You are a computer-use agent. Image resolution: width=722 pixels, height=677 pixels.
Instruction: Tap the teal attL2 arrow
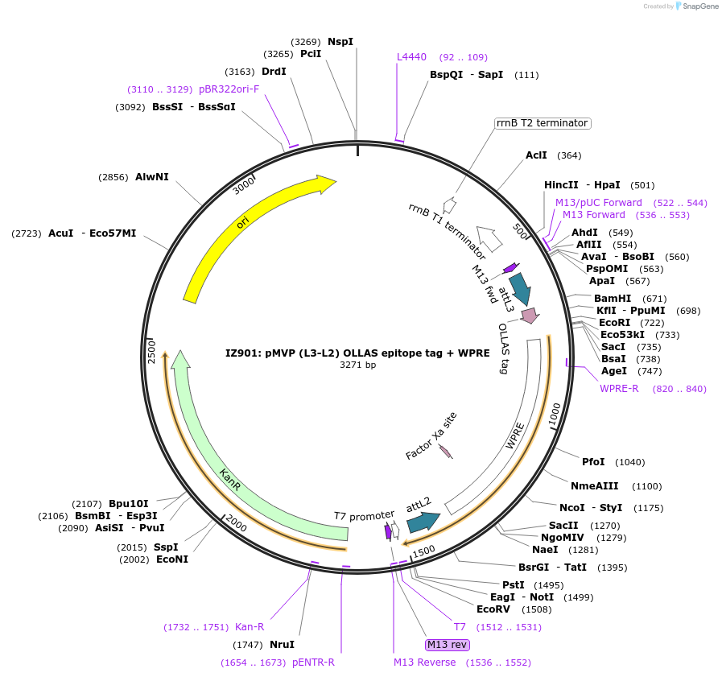pyautogui.click(x=422, y=521)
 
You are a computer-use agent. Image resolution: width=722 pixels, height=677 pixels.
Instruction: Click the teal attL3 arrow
pyautogui.click(x=519, y=288)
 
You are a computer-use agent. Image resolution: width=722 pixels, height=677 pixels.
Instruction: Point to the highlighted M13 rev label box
pyautogui.click(x=448, y=644)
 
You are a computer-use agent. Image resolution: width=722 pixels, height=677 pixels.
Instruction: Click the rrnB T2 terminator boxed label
pyautogui.click(x=542, y=123)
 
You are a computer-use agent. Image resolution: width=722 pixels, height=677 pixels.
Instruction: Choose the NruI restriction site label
pyautogui.click(x=282, y=645)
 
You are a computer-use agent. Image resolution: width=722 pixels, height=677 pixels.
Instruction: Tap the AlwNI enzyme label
pyautogui.click(x=151, y=177)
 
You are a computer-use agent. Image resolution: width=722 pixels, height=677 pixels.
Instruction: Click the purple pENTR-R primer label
pyautogui.click(x=313, y=663)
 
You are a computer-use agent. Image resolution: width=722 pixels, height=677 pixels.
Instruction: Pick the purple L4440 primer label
pyautogui.click(x=411, y=57)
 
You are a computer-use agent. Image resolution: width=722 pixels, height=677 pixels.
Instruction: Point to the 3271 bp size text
pyautogui.click(x=357, y=365)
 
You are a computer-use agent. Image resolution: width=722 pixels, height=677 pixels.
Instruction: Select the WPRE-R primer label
pyautogui.click(x=619, y=389)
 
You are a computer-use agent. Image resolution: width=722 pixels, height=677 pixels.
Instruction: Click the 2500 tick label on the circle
pyautogui.click(x=151, y=351)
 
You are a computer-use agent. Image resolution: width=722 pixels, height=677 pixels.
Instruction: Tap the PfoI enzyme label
pyautogui.click(x=593, y=462)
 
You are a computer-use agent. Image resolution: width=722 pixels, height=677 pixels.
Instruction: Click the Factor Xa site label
pyautogui.click(x=431, y=436)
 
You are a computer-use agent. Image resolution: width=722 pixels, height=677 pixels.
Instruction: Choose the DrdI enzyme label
pyautogui.click(x=274, y=72)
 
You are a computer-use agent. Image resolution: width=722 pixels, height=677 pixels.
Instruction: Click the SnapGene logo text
pyautogui.click(x=697, y=6)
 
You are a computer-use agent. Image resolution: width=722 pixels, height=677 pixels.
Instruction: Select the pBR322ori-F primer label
pyautogui.click(x=229, y=89)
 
